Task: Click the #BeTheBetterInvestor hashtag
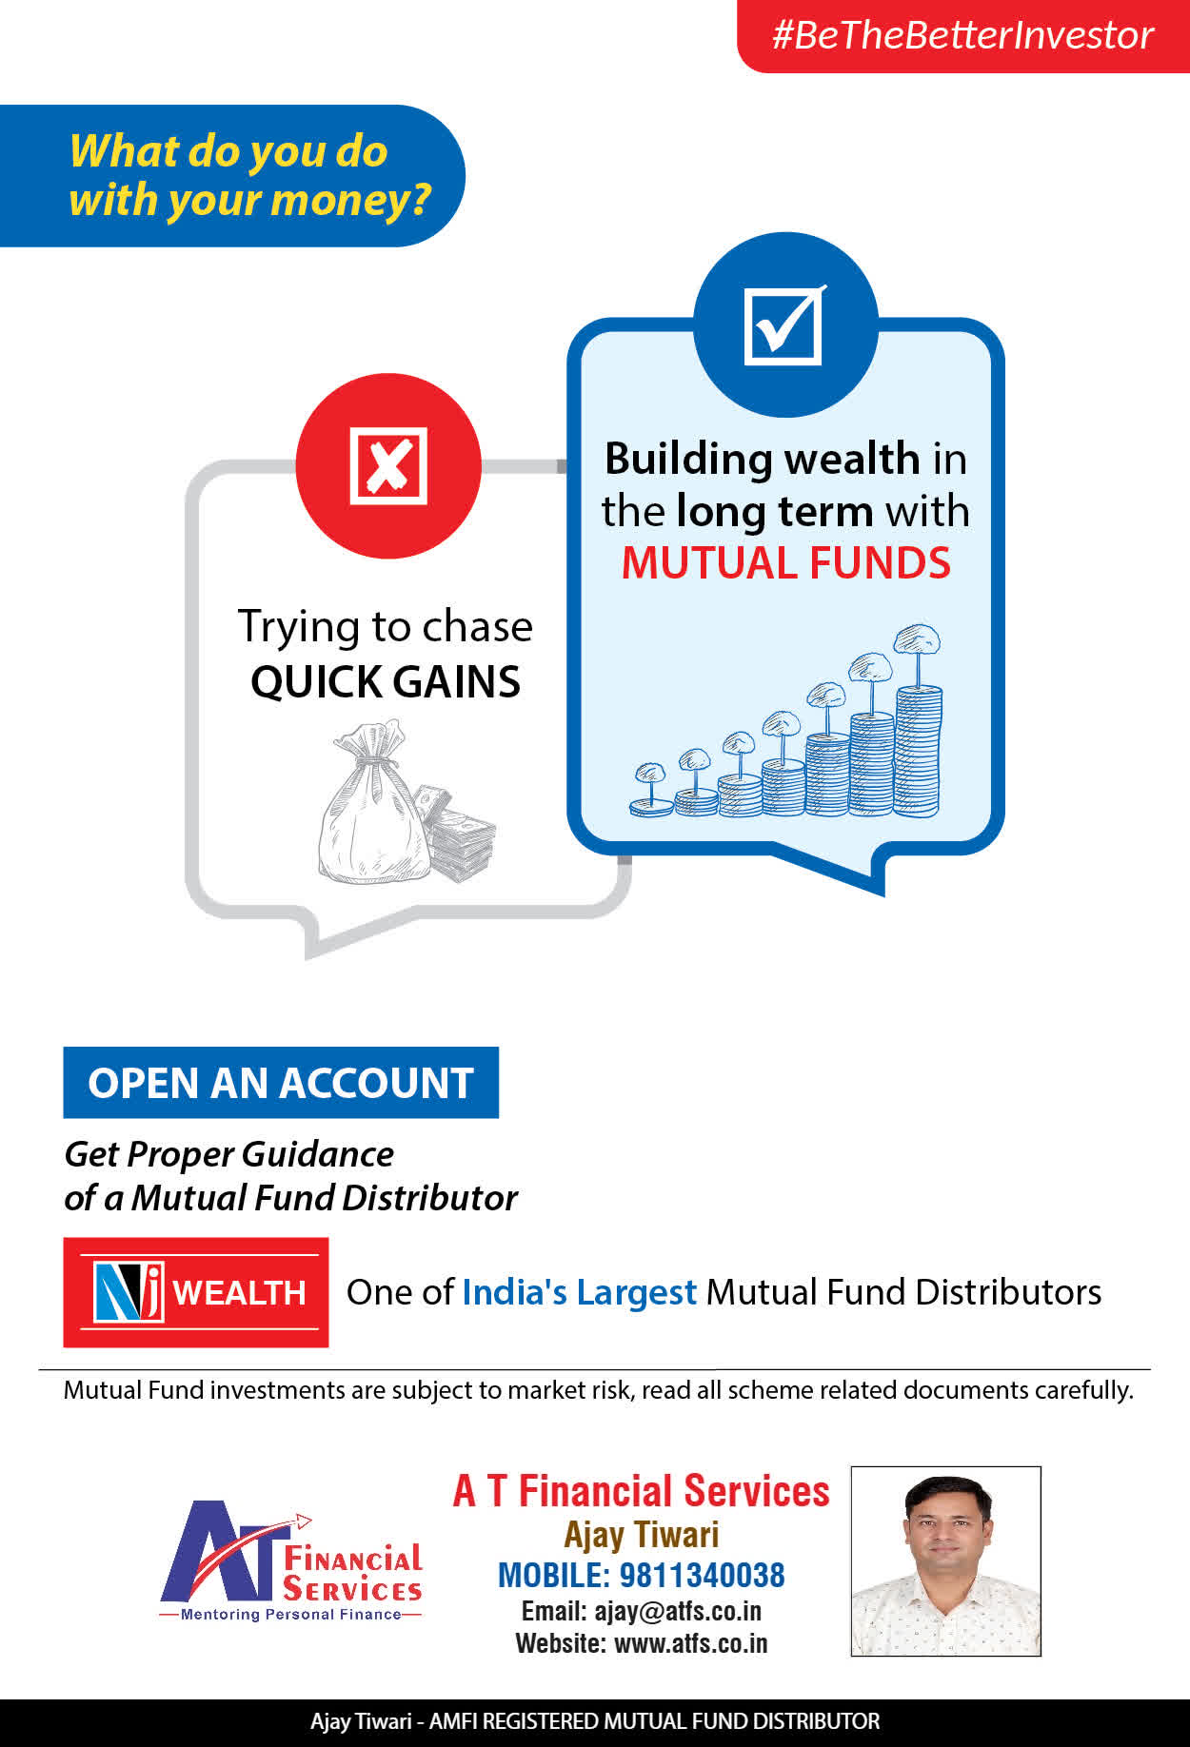point(962,35)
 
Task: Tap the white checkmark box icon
point(784,325)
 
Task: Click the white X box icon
point(388,465)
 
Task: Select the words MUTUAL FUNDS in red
point(786,563)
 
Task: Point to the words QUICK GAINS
point(386,681)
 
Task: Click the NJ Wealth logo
point(196,1292)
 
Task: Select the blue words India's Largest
point(579,1292)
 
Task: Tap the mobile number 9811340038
point(703,1576)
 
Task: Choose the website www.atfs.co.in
point(691,1643)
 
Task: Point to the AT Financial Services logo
point(291,1561)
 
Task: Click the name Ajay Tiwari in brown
point(642,1535)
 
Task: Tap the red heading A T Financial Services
point(642,1491)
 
